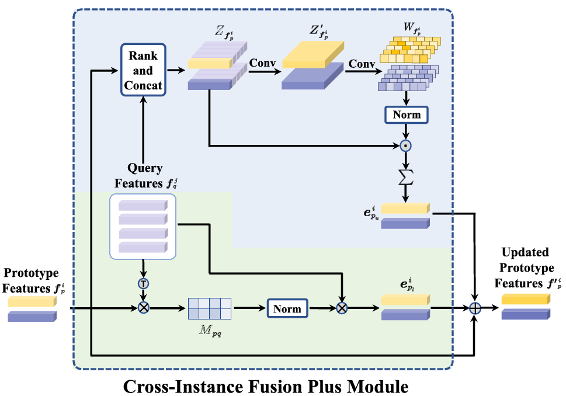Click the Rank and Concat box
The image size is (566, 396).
143,71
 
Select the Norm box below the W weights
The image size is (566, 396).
407,114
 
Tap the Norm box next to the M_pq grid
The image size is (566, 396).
287,308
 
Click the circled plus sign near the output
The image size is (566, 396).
477,308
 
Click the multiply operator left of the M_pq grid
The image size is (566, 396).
143,308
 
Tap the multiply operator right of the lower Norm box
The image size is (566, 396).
342,308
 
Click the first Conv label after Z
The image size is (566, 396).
262,62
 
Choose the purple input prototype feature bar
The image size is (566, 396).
32,316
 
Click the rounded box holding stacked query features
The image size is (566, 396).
143,227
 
